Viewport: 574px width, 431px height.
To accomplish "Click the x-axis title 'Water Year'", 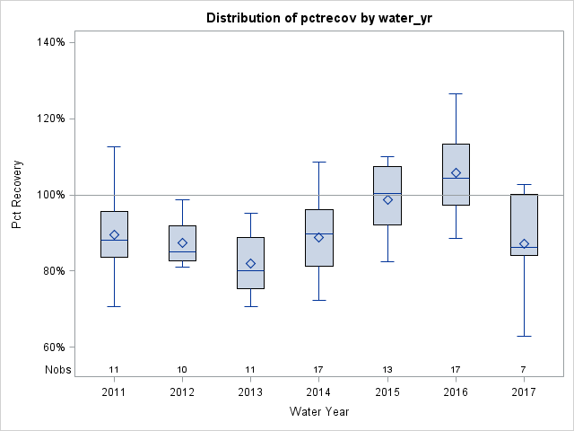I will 318,411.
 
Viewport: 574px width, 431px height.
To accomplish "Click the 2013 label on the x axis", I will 250,392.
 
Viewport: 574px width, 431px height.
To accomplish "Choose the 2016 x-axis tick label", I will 456,392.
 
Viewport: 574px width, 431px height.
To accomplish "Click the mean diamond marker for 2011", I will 114,235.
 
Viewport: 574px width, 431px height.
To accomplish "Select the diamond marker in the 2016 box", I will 456,172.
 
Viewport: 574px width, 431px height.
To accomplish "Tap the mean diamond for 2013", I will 250,264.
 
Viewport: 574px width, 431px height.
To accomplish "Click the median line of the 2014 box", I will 319,233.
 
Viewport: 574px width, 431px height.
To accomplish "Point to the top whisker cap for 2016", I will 456,93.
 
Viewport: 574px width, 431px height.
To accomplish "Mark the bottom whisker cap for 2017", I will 524,336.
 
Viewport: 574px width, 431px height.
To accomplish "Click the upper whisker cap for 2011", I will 114,146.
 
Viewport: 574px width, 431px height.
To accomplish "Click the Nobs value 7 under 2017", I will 524,370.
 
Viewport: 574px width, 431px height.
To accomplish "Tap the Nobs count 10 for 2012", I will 182,370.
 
